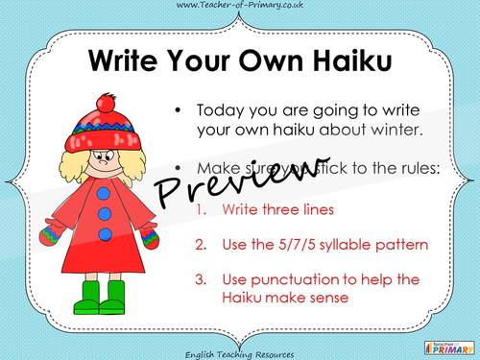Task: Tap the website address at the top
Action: click(x=239, y=7)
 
